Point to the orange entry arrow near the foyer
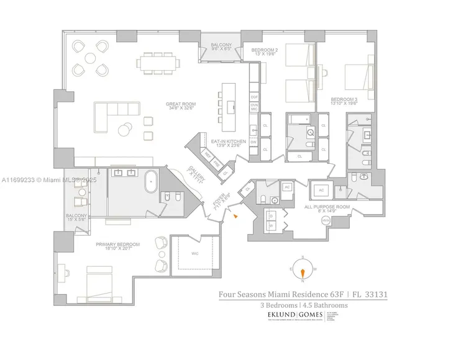click(235, 215)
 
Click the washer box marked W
click(272, 225)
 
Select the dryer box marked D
click(272, 214)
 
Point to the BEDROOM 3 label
click(343, 101)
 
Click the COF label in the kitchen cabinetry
click(254, 97)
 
